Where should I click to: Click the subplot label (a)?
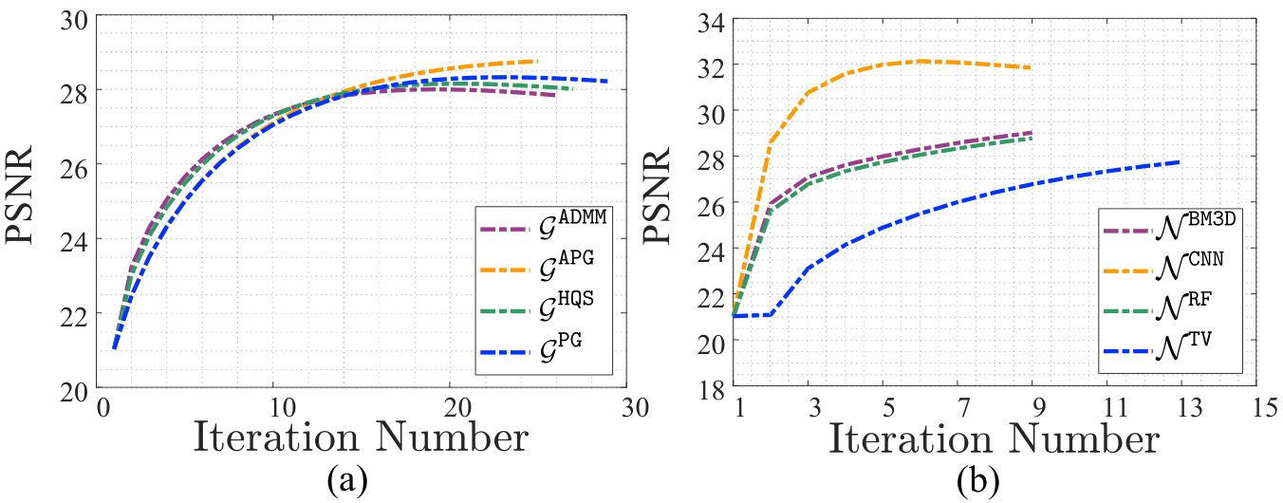(347, 479)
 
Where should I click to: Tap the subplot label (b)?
(978, 479)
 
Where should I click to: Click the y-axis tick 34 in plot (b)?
(710, 24)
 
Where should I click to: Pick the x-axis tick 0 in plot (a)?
(103, 408)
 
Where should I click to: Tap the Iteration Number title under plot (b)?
(994, 440)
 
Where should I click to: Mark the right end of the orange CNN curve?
(1031, 67)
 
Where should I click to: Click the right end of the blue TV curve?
(1180, 162)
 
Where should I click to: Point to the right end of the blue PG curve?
(607, 82)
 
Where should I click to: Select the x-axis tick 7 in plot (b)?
(964, 408)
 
